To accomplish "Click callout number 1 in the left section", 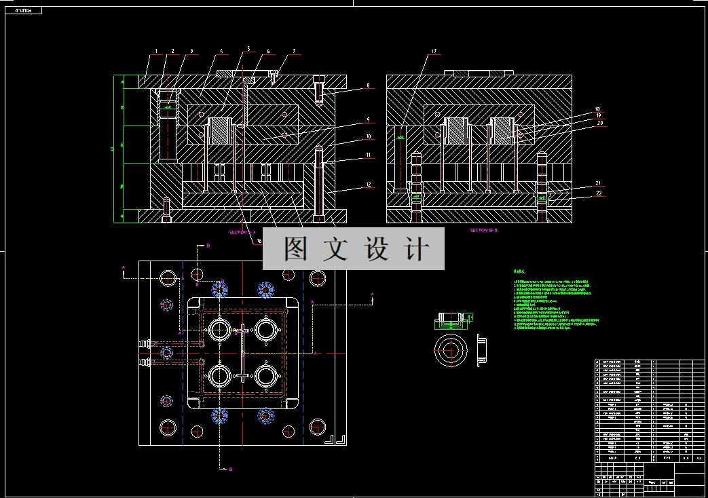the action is (156, 51).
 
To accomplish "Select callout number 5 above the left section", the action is (248, 48).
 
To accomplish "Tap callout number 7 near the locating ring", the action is (294, 51).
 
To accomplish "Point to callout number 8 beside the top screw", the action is (367, 85).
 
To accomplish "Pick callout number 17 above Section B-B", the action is (434, 52).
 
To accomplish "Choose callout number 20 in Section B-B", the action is (599, 123).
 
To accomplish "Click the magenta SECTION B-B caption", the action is (484, 231).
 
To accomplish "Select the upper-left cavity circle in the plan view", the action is (220, 330).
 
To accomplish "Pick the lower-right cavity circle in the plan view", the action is (267, 375).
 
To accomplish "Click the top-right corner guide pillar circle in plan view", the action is (317, 277).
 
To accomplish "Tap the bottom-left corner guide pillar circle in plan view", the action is (167, 427).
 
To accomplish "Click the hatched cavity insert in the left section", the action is (220, 130).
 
